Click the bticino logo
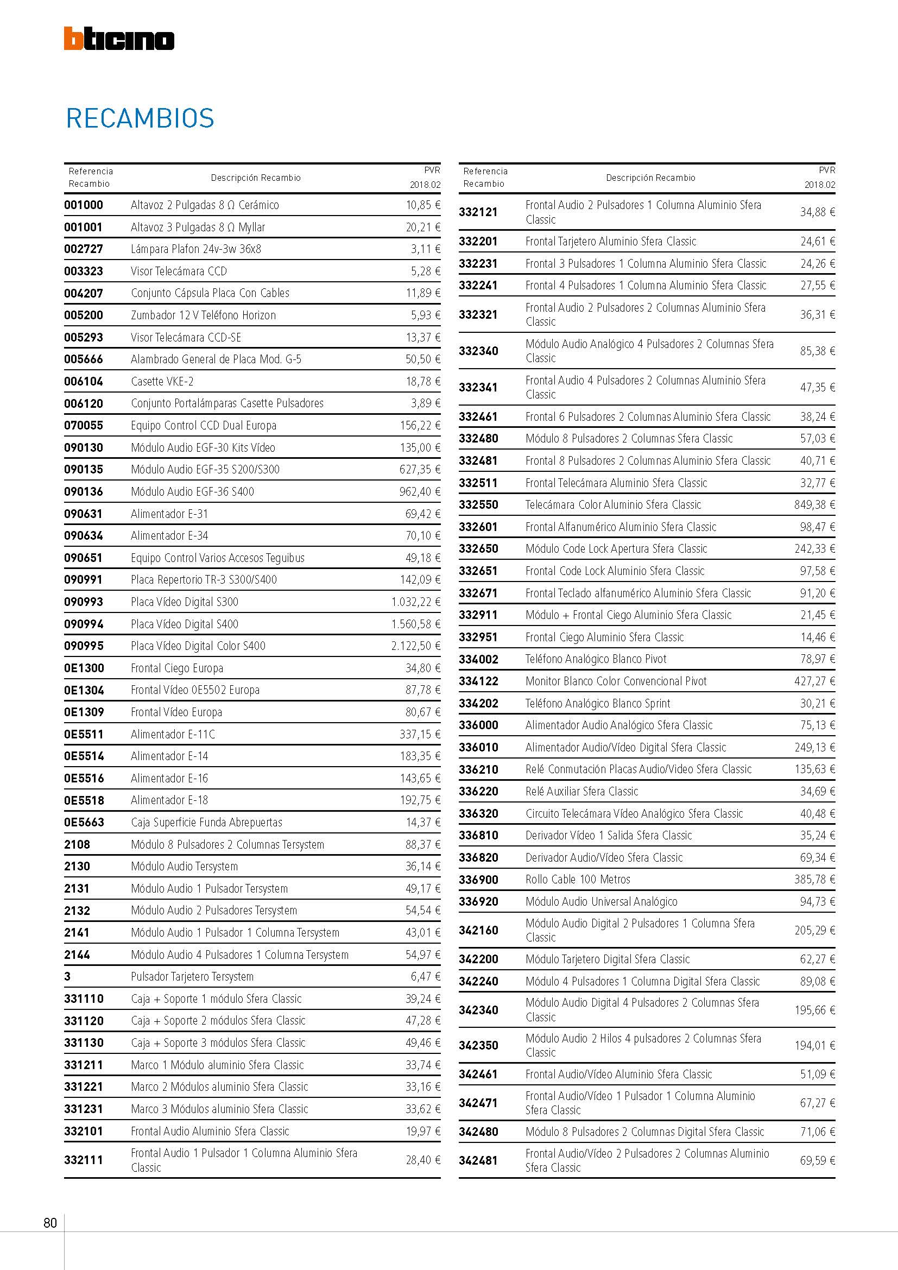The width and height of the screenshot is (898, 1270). (x=119, y=39)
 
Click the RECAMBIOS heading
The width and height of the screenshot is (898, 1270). (x=140, y=118)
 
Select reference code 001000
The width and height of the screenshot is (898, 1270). (x=84, y=205)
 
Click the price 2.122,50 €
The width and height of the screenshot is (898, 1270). (x=416, y=646)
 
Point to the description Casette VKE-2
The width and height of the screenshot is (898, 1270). (x=162, y=382)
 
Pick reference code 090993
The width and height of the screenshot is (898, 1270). (x=84, y=602)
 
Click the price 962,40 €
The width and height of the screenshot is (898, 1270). (x=420, y=492)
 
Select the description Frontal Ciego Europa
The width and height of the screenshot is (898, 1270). (x=177, y=668)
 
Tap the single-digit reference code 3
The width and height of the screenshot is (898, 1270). (x=67, y=977)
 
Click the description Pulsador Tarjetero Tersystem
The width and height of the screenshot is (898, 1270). (x=192, y=977)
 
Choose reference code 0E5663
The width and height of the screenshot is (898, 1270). (x=84, y=823)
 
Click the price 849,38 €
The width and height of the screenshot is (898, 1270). (x=814, y=505)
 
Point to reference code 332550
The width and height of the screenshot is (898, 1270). (x=478, y=505)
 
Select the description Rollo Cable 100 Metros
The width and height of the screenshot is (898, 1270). (x=577, y=880)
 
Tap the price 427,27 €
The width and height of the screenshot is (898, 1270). (x=814, y=681)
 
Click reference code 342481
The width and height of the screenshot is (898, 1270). (x=478, y=1160)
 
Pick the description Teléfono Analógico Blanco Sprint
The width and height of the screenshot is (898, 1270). (x=597, y=704)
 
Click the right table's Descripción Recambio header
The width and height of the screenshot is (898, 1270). (x=650, y=178)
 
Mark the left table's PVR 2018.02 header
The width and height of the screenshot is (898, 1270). (x=425, y=178)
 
